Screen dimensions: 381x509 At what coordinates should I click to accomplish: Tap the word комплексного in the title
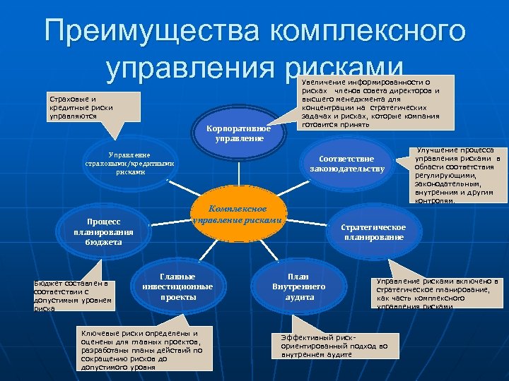click(367, 32)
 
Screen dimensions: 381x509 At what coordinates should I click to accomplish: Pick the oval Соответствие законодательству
click(346, 164)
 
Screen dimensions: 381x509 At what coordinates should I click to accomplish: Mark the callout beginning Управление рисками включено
click(439, 294)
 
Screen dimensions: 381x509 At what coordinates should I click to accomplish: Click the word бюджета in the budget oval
click(99, 242)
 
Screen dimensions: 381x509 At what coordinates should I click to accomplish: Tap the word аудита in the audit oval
click(298, 298)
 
